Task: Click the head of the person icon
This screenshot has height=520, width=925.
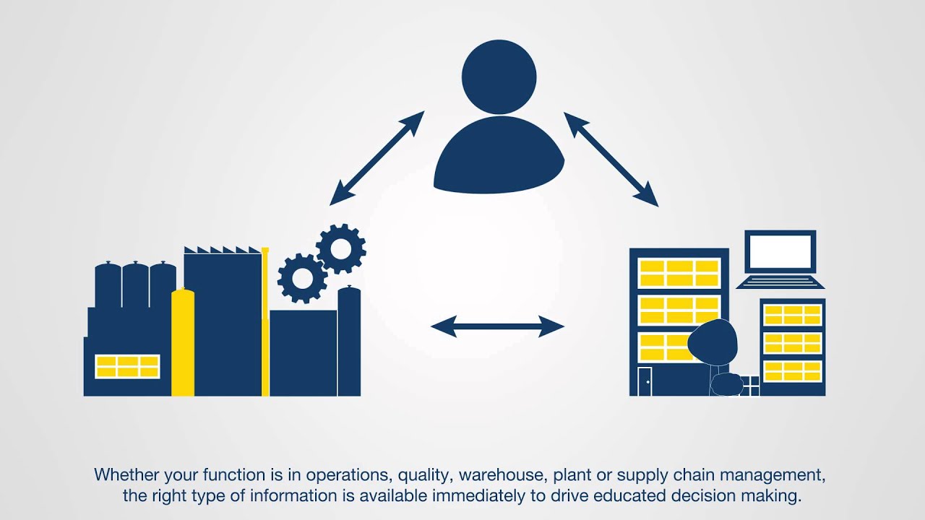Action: (499, 77)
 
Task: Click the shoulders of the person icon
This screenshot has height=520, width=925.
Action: (499, 155)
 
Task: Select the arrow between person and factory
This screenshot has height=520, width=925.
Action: (377, 158)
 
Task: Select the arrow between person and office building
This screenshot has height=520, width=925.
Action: (611, 159)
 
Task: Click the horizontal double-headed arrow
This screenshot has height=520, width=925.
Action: (497, 326)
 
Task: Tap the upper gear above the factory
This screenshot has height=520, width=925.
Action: (341, 248)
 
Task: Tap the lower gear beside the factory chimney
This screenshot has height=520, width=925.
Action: (303, 279)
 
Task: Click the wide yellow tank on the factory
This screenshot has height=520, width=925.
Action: (183, 342)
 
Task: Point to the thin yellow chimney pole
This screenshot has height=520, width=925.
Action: (265, 322)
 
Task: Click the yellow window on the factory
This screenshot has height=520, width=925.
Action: (128, 366)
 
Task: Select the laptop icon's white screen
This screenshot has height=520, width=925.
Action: (780, 252)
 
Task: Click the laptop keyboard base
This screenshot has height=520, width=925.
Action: (780, 282)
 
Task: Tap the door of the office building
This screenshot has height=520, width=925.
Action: (645, 381)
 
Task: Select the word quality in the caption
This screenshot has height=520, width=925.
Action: (423, 476)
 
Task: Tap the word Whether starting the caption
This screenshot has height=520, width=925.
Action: (126, 474)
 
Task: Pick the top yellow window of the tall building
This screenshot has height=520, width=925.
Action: (679, 273)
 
